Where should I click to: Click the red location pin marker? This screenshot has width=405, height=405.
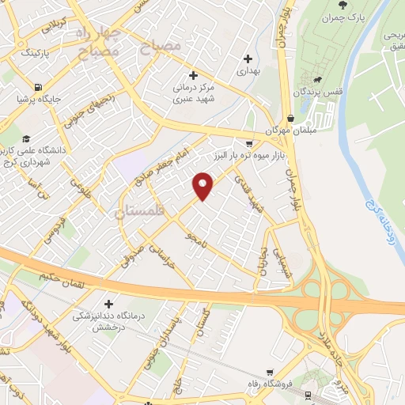(x=203, y=186)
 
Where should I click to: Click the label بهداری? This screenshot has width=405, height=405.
(x=249, y=70)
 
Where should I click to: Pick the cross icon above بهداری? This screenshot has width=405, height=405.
(x=249, y=58)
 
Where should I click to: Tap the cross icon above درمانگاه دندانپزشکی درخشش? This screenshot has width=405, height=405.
(x=108, y=303)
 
